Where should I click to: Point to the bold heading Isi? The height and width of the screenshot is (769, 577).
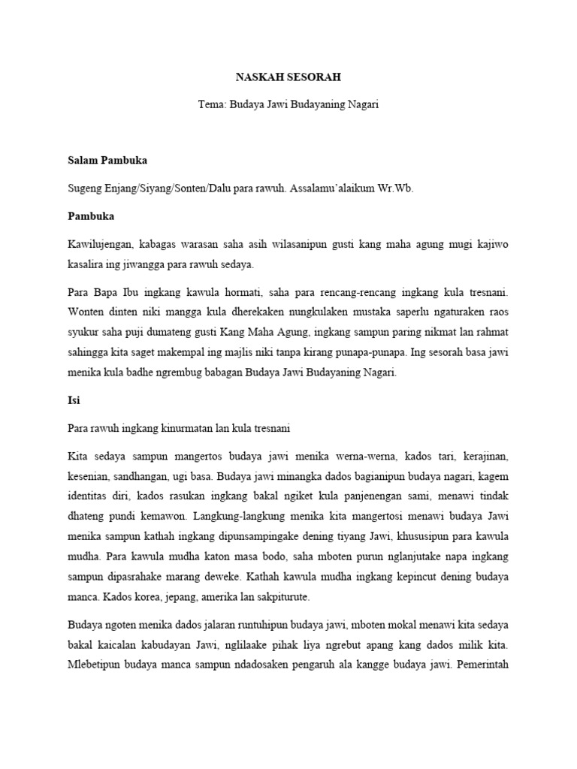(72, 400)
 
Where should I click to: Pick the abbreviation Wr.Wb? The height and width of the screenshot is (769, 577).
(397, 188)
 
